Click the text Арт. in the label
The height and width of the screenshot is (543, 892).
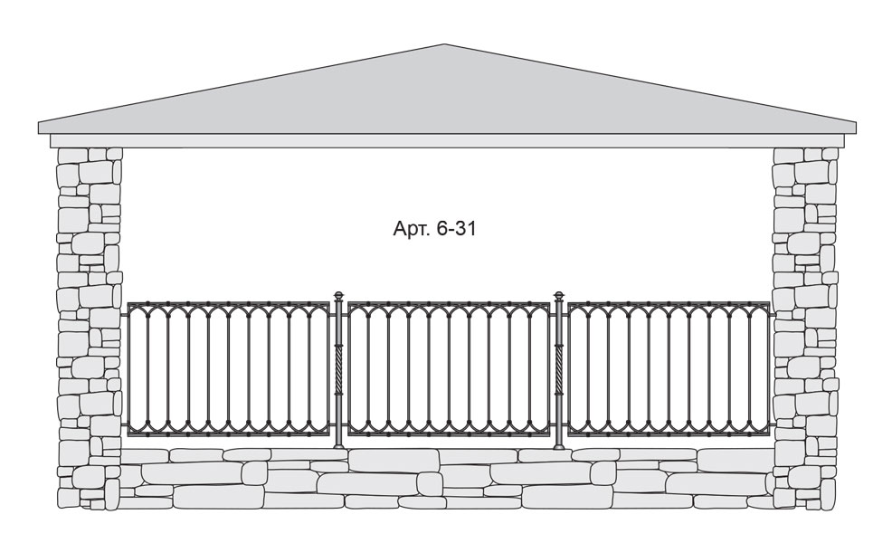click(411, 229)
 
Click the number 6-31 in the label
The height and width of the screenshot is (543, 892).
click(455, 228)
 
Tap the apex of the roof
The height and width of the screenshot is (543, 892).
click(444, 44)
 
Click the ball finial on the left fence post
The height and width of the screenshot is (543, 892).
click(339, 296)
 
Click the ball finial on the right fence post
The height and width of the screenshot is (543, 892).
click(559, 296)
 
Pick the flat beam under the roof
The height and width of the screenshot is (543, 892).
click(448, 141)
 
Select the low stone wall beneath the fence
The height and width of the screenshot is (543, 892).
click(448, 478)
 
